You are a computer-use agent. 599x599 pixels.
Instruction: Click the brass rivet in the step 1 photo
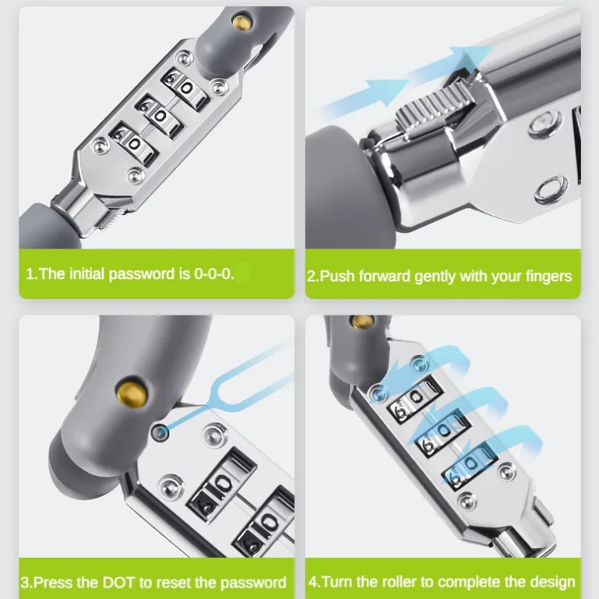[x=242, y=21]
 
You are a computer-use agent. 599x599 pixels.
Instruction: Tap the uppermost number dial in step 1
[x=185, y=89]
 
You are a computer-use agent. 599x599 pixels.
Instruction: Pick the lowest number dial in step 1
[x=134, y=143]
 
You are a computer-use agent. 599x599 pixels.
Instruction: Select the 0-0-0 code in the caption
[x=214, y=273]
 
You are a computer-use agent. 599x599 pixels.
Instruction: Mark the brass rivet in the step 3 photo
[x=131, y=393]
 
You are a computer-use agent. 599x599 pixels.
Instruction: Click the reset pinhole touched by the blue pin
[x=160, y=432]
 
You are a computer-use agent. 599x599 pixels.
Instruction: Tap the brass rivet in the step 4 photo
[x=362, y=322]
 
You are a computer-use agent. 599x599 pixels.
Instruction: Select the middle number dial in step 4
[x=443, y=434]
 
